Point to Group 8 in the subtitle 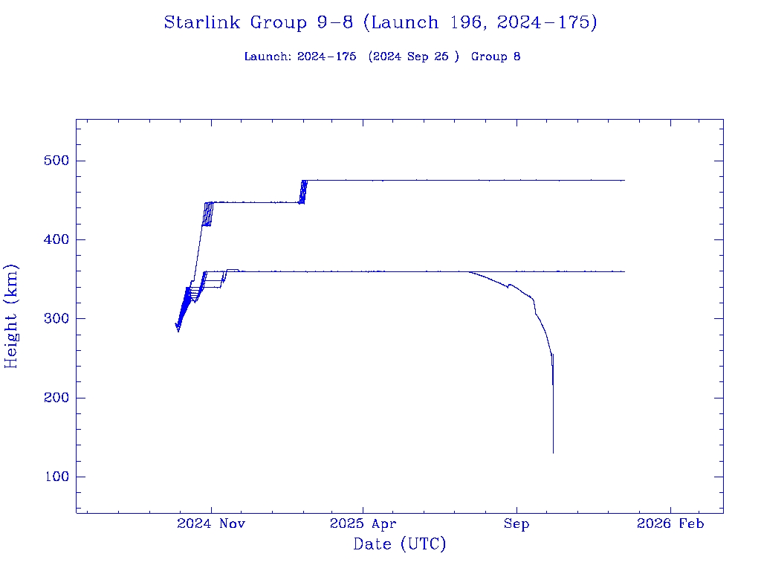[x=496, y=57]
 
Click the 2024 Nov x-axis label [x=211, y=524]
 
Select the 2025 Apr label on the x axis [x=363, y=524]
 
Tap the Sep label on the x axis [x=516, y=524]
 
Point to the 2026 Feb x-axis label [x=670, y=524]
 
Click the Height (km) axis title [x=11, y=316]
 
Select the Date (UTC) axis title [x=400, y=544]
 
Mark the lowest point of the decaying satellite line [x=553, y=452]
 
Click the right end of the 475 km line [x=624, y=181]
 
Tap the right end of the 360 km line [x=624, y=271]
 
